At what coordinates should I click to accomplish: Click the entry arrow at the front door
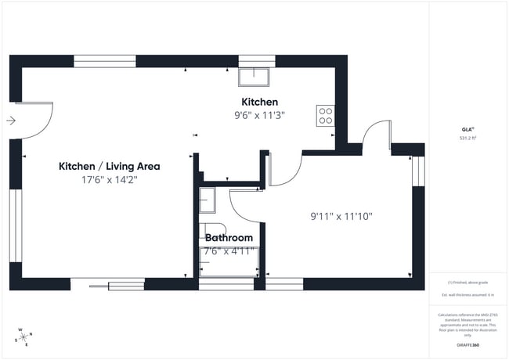[10, 121]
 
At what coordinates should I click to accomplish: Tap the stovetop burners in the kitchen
[325, 116]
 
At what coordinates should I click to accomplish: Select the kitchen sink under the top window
[256, 75]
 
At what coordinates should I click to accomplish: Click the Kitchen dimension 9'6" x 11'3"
[259, 115]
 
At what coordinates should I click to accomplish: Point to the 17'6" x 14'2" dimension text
[110, 179]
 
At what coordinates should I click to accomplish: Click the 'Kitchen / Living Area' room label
[110, 166]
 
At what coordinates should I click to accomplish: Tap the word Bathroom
[229, 238]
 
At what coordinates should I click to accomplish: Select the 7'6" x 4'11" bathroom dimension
[229, 251]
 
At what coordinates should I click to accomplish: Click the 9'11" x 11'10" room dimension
[341, 215]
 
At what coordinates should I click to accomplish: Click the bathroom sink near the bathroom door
[207, 200]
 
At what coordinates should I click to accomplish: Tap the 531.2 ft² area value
[468, 138]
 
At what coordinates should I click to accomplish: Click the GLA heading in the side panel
[467, 129]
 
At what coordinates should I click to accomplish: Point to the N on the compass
[31, 334]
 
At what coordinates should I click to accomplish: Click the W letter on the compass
[20, 329]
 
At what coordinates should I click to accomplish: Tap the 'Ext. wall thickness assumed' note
[467, 294]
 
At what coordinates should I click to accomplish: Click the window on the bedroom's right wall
[417, 168]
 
